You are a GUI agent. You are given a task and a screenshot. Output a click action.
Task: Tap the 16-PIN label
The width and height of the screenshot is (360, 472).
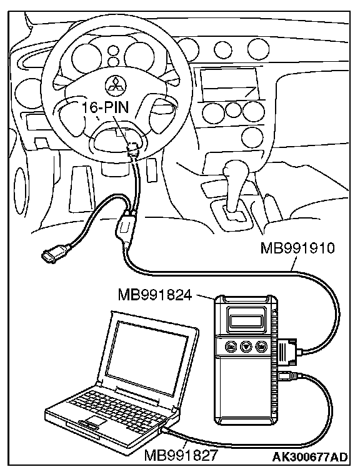coord(106,107)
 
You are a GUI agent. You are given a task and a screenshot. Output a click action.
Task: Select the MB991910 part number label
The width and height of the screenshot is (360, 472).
coord(297,249)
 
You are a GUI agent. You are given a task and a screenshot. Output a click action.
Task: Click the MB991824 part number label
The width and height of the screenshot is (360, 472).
coord(155,295)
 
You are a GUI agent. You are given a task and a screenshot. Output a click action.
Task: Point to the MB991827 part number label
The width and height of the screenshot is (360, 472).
coord(181,455)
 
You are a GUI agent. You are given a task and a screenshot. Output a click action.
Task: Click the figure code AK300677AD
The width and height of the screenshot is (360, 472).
coord(310,456)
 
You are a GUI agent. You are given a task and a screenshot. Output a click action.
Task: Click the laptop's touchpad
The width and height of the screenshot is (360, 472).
coord(94,421)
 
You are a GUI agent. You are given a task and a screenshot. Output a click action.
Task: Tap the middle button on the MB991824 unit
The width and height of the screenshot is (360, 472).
coord(246,346)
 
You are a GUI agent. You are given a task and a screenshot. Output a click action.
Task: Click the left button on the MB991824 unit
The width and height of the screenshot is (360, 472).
coord(231,346)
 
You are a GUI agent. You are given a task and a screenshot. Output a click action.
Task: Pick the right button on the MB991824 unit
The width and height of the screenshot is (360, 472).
coord(260,346)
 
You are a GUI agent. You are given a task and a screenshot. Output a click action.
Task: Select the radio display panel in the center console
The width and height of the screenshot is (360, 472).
coord(229,85)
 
